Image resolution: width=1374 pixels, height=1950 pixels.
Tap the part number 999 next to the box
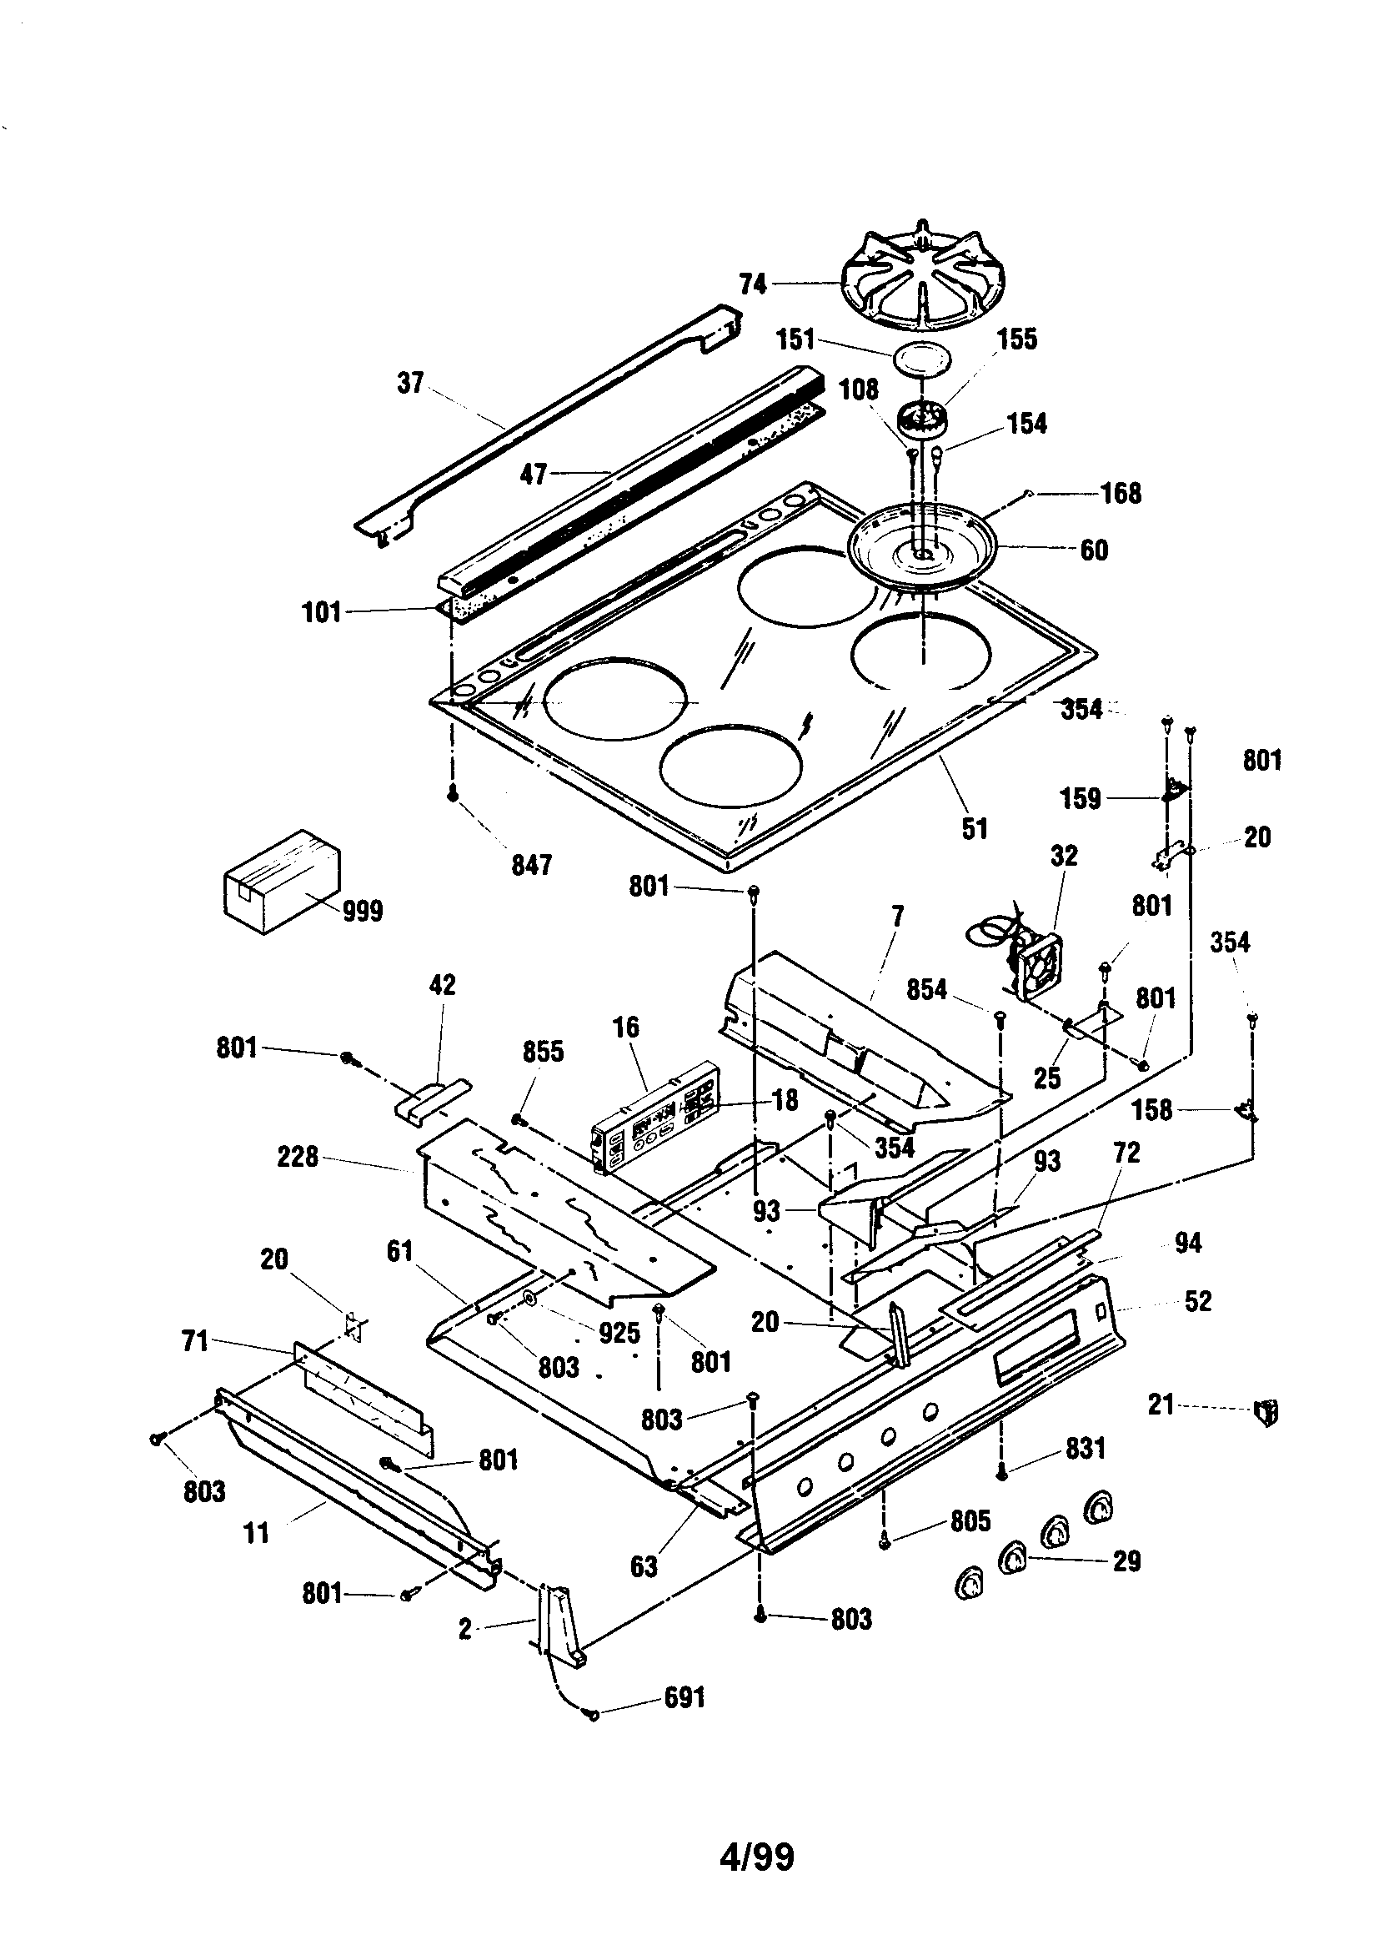click(363, 912)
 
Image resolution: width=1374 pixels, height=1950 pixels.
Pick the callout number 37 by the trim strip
click(410, 383)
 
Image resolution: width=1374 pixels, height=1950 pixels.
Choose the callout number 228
click(297, 1157)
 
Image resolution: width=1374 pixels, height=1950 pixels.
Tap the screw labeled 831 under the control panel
click(1001, 1476)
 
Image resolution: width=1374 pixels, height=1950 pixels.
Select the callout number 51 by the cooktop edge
click(975, 828)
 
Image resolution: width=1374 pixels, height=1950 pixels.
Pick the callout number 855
click(543, 1052)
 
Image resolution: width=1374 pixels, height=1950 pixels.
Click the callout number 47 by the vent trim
click(533, 474)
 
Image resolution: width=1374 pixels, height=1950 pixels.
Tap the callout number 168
click(1121, 493)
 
